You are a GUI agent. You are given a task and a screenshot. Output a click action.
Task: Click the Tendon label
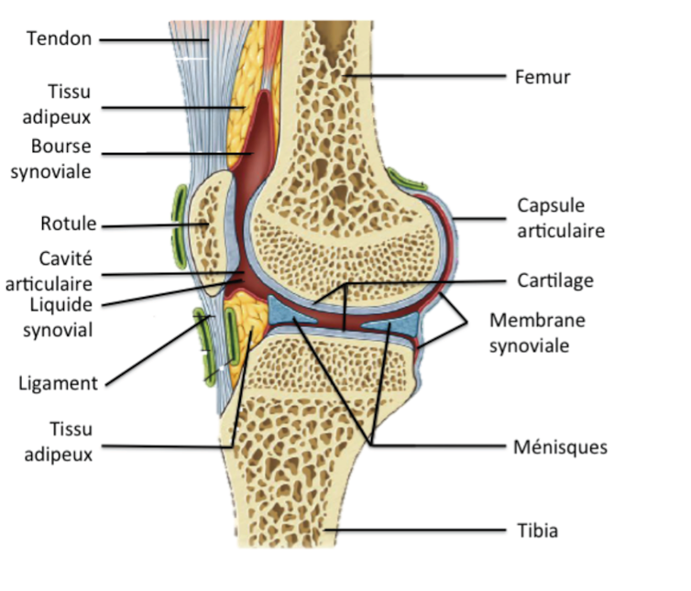[59, 38]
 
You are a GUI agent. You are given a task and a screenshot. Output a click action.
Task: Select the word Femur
[543, 77]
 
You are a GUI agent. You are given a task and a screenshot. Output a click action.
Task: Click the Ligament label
[57, 383]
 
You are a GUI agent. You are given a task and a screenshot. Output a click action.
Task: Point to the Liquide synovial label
[58, 317]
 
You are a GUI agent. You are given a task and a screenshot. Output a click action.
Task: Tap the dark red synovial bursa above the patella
[258, 137]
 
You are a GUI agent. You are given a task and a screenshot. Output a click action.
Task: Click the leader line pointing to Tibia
[412, 531]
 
